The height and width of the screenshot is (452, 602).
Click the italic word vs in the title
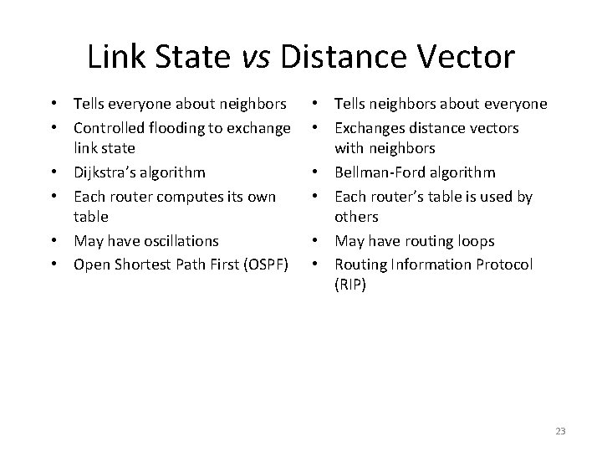point(261,58)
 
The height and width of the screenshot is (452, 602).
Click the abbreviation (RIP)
point(349,285)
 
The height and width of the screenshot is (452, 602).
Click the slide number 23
point(559,430)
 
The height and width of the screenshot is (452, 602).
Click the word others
point(356,218)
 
